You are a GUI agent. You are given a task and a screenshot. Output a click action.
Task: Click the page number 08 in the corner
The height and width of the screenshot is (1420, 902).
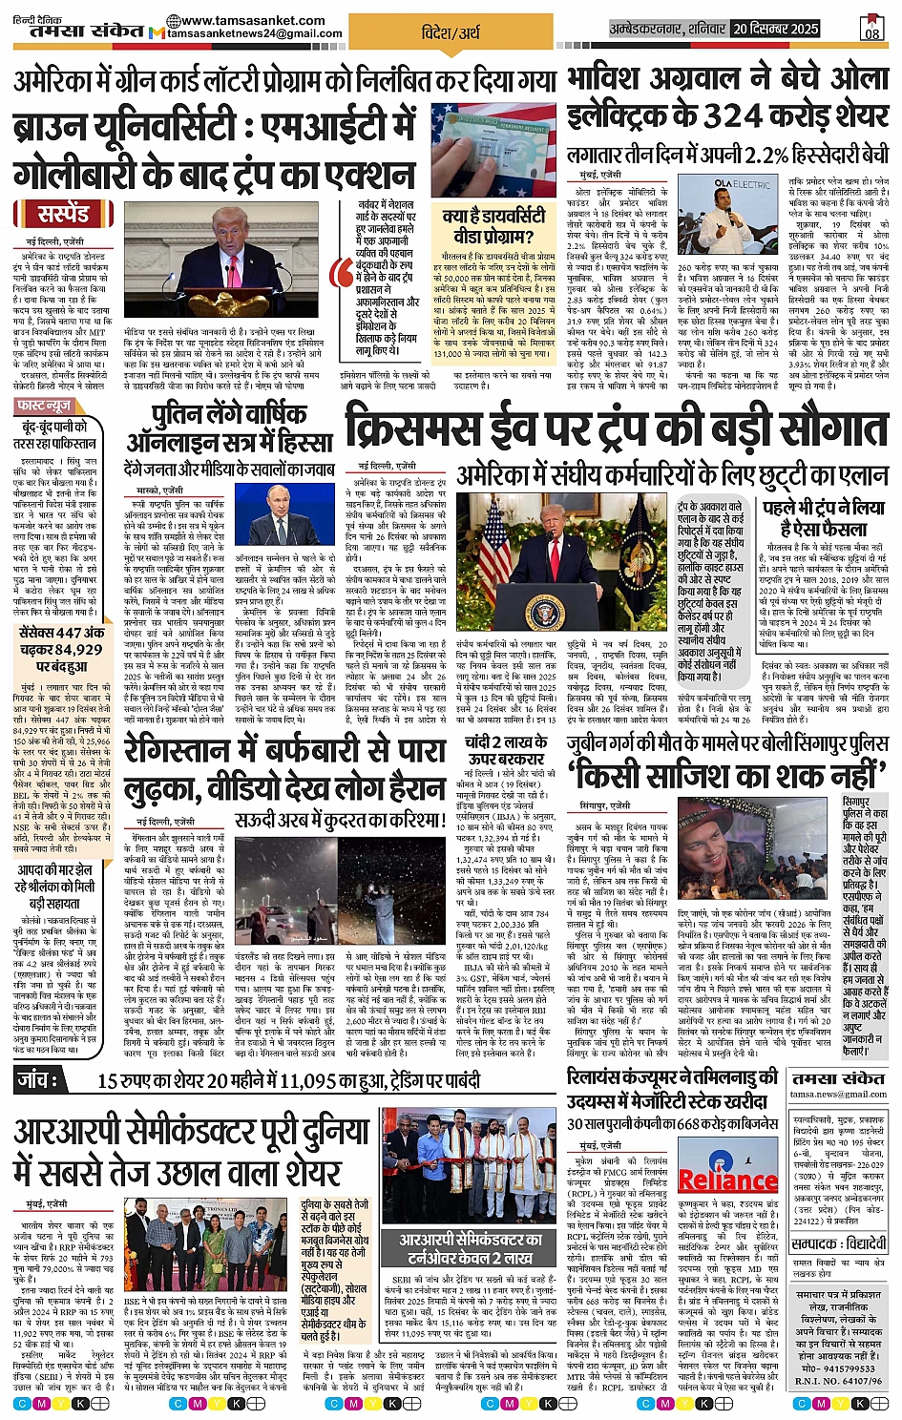[871, 31]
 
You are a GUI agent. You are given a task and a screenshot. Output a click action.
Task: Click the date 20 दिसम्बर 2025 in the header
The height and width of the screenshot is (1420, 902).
[776, 29]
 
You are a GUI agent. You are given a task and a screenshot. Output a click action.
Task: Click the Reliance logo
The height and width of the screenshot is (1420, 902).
[727, 1180]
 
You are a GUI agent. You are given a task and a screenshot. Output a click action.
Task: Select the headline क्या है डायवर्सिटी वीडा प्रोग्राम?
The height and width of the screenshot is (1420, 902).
[494, 226]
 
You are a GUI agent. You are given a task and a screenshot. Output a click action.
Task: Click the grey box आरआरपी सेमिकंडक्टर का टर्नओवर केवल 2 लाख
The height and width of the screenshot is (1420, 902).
[472, 1248]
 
